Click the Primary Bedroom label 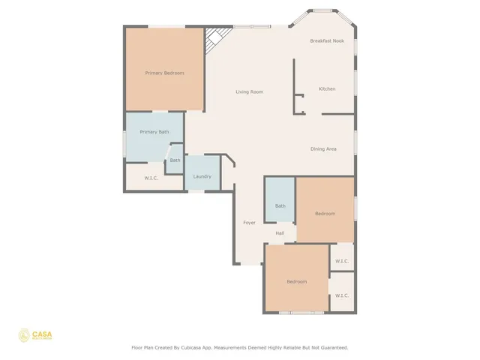[x=164, y=73]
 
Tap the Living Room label [x=249, y=91]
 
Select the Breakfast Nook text [x=327, y=40]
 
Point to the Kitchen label [x=327, y=88]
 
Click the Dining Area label [x=323, y=148]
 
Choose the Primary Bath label [x=154, y=131]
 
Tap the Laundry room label [x=202, y=176]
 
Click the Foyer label [x=249, y=222]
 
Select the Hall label [x=280, y=232]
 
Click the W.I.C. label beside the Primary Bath [x=151, y=178]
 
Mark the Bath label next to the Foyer [x=280, y=205]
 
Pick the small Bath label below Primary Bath [x=175, y=160]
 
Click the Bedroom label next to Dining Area [x=325, y=214]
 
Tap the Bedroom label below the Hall [x=296, y=281]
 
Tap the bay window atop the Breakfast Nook [x=323, y=10]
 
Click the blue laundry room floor [x=201, y=166]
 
